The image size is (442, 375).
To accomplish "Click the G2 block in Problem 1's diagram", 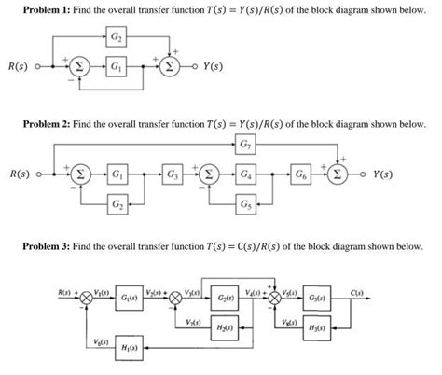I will coord(117,38).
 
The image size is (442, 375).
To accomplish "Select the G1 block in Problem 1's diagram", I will coord(117,68).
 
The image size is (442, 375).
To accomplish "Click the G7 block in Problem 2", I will coord(244,146).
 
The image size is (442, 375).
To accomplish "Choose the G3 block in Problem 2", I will coord(173,174).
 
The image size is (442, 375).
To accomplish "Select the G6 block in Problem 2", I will coord(300,174).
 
